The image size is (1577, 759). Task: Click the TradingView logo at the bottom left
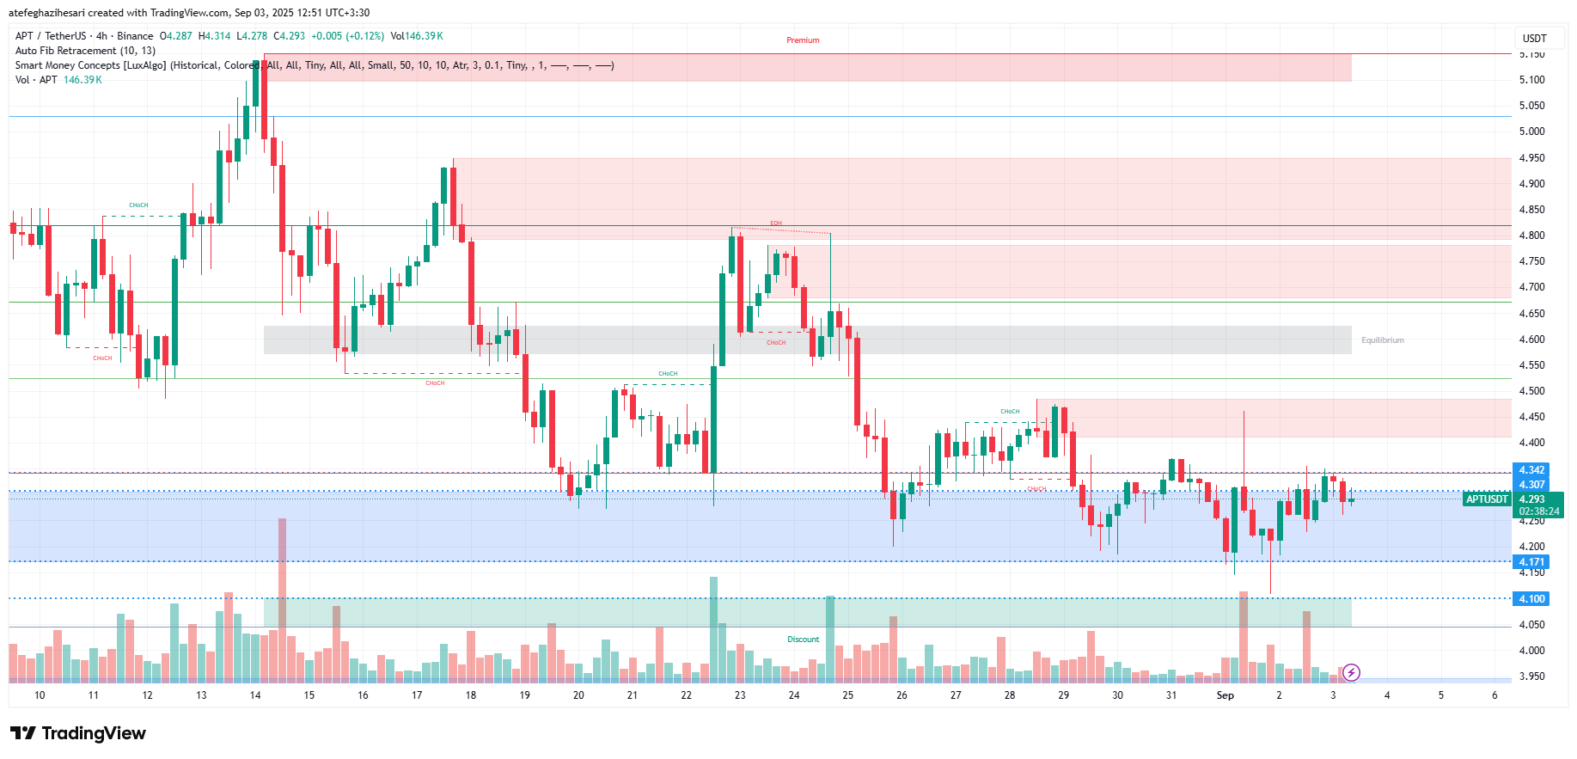pos(78,733)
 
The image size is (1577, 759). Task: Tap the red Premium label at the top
pos(803,40)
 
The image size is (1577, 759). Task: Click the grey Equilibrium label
pos(1382,340)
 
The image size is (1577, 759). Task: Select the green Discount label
pos(803,640)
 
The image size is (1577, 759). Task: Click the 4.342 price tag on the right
pos(1531,470)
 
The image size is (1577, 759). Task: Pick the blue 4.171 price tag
pos(1531,562)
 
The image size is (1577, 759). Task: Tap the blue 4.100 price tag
pos(1531,599)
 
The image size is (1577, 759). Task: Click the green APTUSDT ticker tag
pos(1487,499)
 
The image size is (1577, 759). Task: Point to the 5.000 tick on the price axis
pos(1531,132)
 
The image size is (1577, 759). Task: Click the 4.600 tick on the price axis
pos(1531,340)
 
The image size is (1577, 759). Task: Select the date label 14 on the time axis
pos(255,695)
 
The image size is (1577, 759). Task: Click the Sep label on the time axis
pos(1225,695)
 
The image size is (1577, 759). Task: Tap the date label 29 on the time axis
pos(1063,695)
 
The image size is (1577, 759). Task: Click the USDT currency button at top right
pos(1534,38)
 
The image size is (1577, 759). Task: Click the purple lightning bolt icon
pos(1351,672)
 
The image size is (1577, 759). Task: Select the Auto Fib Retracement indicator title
pos(85,51)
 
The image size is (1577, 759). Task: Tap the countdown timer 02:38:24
pos(1538,511)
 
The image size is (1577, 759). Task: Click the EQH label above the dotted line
pos(776,223)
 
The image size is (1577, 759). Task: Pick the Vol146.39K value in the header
pos(417,36)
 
